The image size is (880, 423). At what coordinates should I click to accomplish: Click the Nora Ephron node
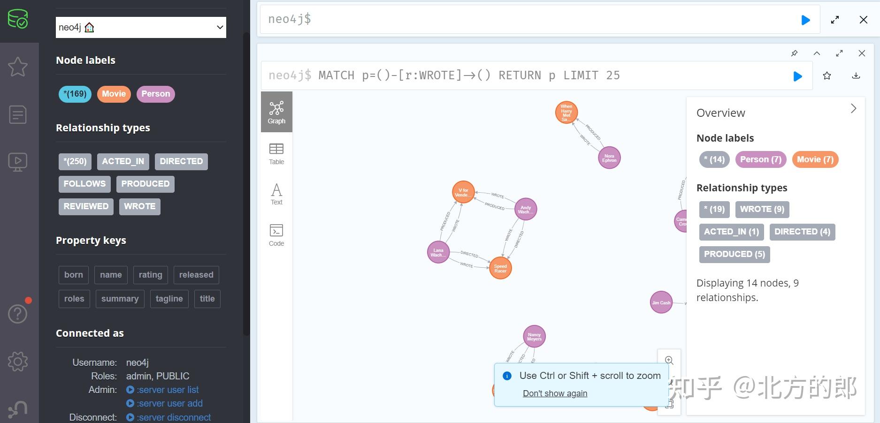coord(609,158)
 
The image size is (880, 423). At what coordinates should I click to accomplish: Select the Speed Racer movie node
coord(500,268)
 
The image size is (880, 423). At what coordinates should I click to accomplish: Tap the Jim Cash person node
coord(661,302)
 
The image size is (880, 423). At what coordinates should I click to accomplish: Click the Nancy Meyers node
coord(534,337)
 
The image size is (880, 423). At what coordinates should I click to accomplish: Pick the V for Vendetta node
coord(463,192)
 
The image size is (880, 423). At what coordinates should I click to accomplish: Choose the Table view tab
coord(276,154)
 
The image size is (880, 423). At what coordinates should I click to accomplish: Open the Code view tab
coord(276,235)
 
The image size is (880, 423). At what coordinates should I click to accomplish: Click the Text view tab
coord(276,194)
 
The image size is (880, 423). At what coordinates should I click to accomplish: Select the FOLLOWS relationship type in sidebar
coord(84,184)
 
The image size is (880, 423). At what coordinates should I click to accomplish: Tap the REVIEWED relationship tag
coord(86,206)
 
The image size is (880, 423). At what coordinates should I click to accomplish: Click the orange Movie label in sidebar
coord(114,94)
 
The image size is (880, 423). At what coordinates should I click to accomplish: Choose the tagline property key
coord(169,299)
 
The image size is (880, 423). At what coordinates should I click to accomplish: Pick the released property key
coord(196,275)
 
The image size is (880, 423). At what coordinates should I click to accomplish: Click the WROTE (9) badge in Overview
coord(762,209)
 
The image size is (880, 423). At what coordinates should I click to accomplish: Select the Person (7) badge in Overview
coord(761,159)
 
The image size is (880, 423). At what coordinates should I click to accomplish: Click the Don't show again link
coord(555,393)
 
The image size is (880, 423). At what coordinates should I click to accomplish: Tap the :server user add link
coord(169,403)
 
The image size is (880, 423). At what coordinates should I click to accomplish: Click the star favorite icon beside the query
coord(827,76)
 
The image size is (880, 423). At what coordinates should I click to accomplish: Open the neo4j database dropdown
coord(141,28)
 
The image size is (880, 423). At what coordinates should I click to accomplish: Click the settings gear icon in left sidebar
coord(18,362)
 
